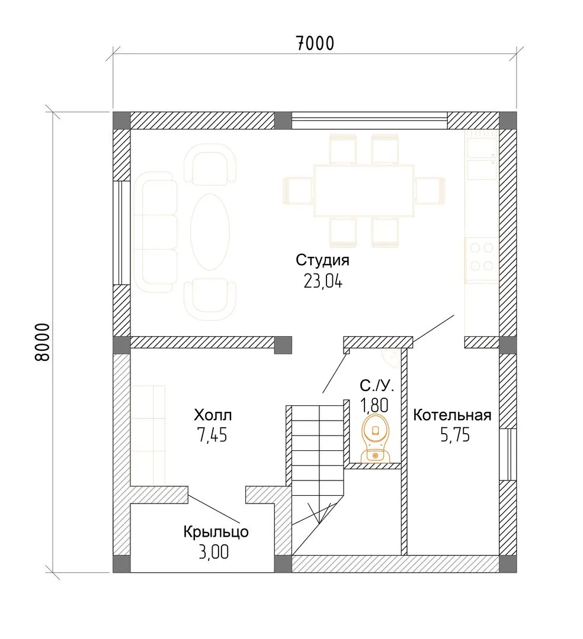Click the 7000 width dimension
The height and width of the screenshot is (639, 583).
pos(315,43)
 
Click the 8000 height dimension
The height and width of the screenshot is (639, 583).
pos(42,343)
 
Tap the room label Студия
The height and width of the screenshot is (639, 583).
pos(322,260)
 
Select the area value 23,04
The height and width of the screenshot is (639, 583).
pos(323,281)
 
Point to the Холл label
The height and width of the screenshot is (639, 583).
pos(213,415)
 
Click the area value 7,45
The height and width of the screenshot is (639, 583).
pos(212,435)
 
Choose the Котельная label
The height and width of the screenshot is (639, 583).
pos(452,415)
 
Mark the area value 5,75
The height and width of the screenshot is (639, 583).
pos(455,435)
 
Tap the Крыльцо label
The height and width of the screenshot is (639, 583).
pos(216,532)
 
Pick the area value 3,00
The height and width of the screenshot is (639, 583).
pos(214,552)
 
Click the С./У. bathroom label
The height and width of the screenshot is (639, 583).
pos(377,385)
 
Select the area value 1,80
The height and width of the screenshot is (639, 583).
pos(374,405)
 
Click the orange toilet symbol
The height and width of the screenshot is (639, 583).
pos(376,438)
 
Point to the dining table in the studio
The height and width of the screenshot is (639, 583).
pos(364,191)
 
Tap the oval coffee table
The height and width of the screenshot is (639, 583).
pos(210,232)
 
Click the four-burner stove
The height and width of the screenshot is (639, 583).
pos(482,257)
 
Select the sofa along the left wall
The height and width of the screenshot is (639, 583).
pos(155,233)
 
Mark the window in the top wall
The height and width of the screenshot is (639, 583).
pos(370,121)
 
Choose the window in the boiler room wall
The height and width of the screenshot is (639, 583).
pos(508,454)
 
